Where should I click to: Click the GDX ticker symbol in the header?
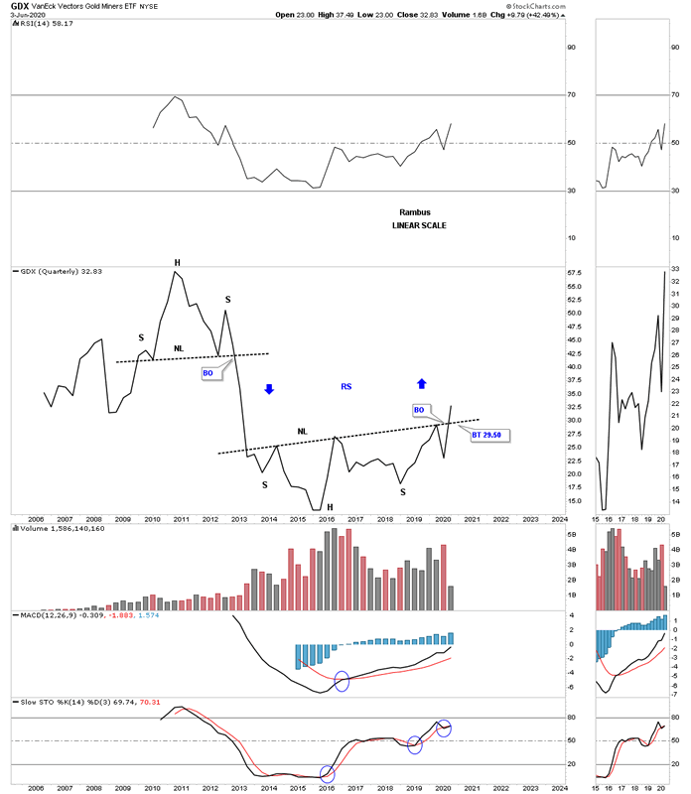pyautogui.click(x=21, y=5)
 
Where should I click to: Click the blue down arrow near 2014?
pyautogui.click(x=268, y=389)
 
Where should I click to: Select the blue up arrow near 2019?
pyautogui.click(x=421, y=383)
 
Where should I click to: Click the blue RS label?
pyautogui.click(x=346, y=386)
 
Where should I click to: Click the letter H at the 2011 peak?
pyautogui.click(x=178, y=263)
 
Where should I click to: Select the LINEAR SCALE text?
pyautogui.click(x=419, y=226)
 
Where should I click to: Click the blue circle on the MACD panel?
pyautogui.click(x=343, y=681)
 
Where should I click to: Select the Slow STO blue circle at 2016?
pyautogui.click(x=328, y=774)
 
